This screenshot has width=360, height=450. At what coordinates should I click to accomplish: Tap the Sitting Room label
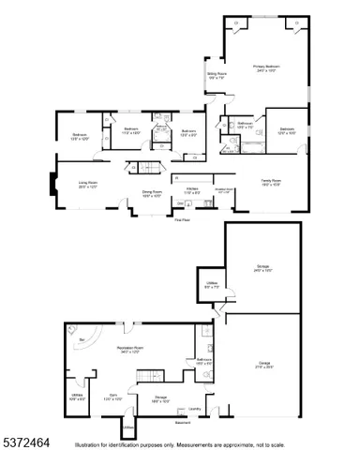(x=217, y=78)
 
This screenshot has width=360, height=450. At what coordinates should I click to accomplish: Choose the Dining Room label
(x=152, y=194)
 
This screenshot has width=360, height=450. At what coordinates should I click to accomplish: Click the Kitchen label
(x=192, y=191)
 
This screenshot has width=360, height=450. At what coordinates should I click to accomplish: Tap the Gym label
(x=112, y=396)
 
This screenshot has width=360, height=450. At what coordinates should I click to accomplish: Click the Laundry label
(x=195, y=409)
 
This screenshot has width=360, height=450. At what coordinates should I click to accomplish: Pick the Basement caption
(x=183, y=423)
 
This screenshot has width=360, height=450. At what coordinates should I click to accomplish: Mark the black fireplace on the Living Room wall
(x=51, y=183)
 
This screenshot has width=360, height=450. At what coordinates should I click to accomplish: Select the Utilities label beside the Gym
(x=78, y=397)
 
